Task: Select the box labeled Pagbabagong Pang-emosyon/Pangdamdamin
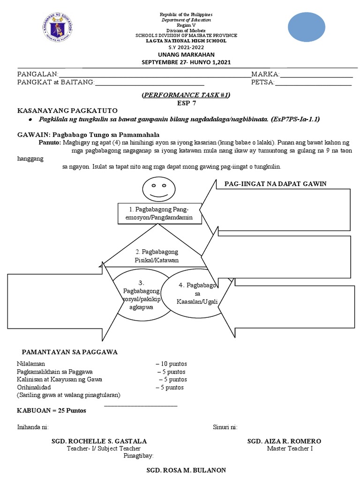click(160, 213)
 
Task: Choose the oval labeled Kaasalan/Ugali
click(197, 293)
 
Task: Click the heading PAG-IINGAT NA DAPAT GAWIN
click(275, 184)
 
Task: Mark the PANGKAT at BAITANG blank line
click(150, 84)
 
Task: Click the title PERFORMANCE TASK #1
click(186, 95)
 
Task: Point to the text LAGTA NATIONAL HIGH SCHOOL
click(186, 41)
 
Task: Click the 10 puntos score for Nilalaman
click(172, 363)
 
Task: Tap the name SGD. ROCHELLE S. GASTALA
click(99, 442)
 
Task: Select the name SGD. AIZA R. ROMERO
click(284, 442)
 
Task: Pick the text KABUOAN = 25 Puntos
click(52, 411)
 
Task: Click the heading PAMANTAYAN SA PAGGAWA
click(70, 352)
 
